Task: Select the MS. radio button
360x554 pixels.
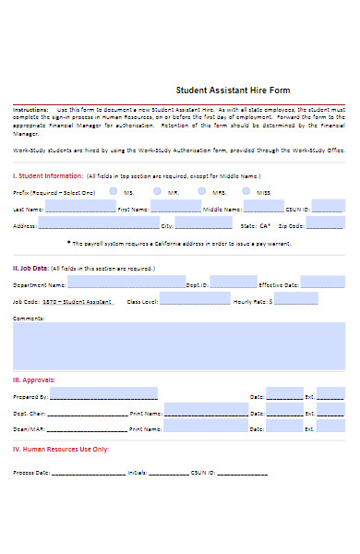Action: pyautogui.click(x=113, y=191)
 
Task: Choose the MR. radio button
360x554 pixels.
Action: pyautogui.click(x=158, y=191)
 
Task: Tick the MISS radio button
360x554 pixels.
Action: pyautogui.click(x=246, y=191)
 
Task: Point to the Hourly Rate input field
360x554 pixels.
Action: pyautogui.click(x=298, y=298)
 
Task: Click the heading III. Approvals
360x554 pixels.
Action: pyautogui.click(x=33, y=379)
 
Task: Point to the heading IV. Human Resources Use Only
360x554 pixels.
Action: pyautogui.click(x=61, y=449)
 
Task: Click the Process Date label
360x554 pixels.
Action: pyautogui.click(x=30, y=472)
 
